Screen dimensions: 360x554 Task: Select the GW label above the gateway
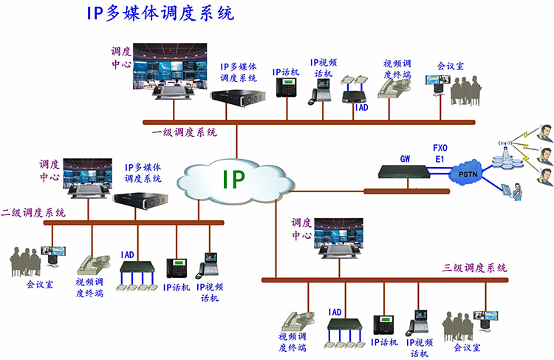(405, 158)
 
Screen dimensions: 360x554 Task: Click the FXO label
(440, 147)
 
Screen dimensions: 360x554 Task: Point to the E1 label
(440, 158)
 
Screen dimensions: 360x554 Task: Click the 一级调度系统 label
(185, 132)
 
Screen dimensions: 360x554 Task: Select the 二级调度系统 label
(33, 212)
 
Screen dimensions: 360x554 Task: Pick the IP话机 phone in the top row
(285, 87)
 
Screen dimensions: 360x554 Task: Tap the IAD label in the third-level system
(335, 312)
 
